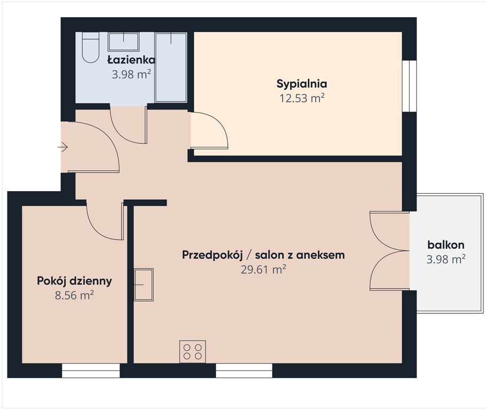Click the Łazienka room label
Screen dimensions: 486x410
click(x=131, y=59)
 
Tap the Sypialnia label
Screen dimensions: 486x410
click(x=302, y=84)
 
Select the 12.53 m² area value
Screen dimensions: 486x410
click(x=302, y=98)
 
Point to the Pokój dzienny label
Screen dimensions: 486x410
click(x=74, y=281)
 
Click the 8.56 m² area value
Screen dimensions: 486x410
click(x=74, y=295)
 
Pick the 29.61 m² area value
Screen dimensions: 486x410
click(x=264, y=269)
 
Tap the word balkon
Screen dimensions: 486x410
click(x=445, y=245)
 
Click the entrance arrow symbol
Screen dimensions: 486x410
click(x=63, y=147)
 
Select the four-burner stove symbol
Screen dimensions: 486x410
click(x=193, y=352)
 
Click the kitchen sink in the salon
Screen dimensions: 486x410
click(x=144, y=285)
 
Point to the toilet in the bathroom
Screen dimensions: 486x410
click(x=91, y=48)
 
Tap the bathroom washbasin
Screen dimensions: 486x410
click(x=123, y=42)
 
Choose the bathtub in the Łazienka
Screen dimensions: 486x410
click(x=171, y=67)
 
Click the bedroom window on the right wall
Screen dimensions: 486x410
click(x=409, y=85)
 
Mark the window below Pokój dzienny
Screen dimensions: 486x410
click(x=91, y=370)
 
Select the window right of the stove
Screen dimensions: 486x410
click(x=244, y=370)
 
